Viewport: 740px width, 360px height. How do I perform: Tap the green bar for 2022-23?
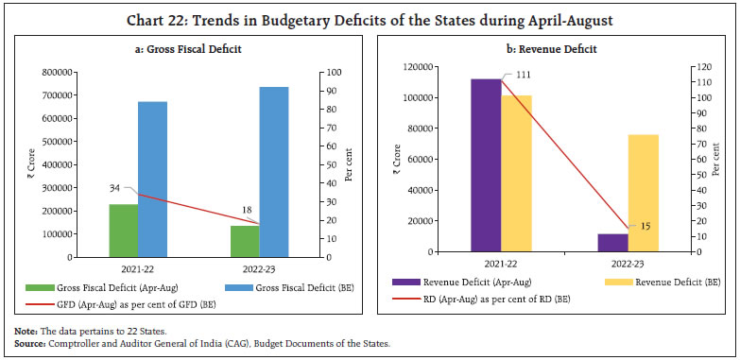click(245, 241)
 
